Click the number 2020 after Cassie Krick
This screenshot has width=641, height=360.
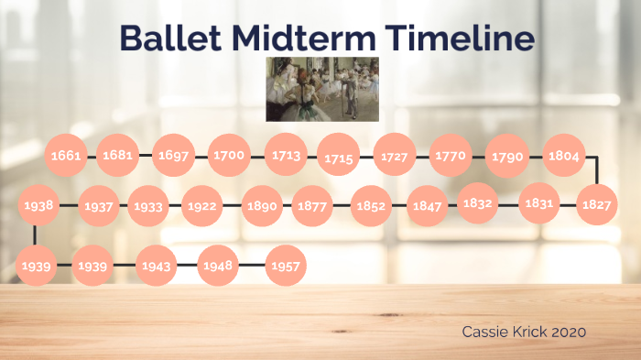pyautogui.click(x=568, y=331)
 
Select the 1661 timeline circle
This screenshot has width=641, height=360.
pyautogui.click(x=66, y=156)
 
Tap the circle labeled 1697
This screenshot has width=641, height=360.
pyautogui.click(x=173, y=156)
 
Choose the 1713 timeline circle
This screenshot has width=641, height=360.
pyautogui.click(x=286, y=156)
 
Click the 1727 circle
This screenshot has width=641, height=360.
pyautogui.click(x=395, y=157)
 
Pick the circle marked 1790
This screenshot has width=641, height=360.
pyautogui.click(x=506, y=157)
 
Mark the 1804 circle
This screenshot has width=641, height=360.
pyautogui.click(x=564, y=156)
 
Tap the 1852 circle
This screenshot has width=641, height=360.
pyautogui.click(x=371, y=206)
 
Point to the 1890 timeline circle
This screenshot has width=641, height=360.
pyautogui.click(x=262, y=206)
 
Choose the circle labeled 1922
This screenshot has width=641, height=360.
pyautogui.click(x=201, y=206)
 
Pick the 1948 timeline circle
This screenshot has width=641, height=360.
pyautogui.click(x=219, y=267)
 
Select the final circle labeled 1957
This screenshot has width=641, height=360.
pyautogui.click(x=286, y=267)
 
